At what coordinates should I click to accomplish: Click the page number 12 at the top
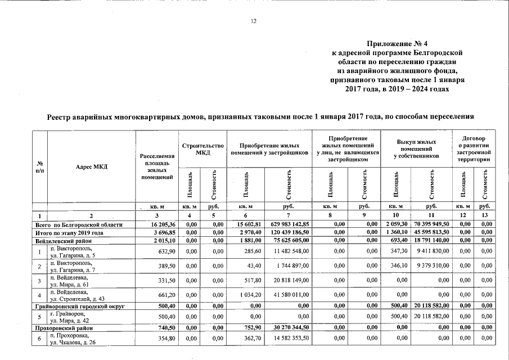pos(253,21)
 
